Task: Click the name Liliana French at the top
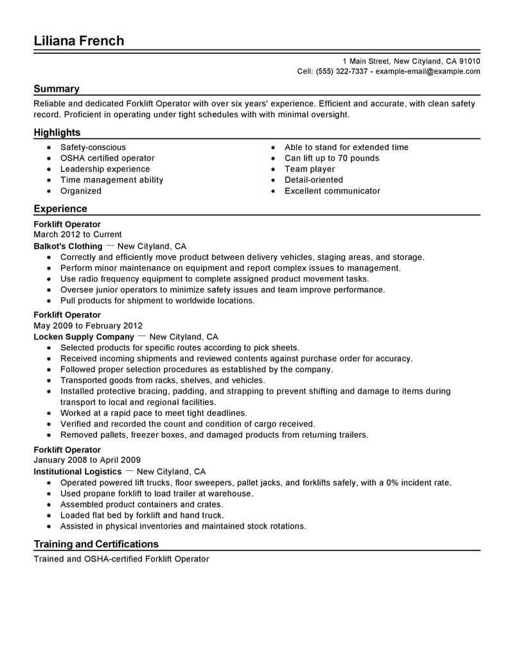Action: click(x=79, y=41)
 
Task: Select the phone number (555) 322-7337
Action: click(x=341, y=72)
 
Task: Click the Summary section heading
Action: click(x=57, y=89)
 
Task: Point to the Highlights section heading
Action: click(x=57, y=133)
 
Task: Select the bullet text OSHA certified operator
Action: click(x=107, y=158)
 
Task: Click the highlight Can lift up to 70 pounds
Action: click(x=332, y=158)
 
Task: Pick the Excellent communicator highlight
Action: click(x=332, y=191)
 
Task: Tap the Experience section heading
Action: click(x=60, y=209)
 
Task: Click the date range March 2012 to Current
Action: click(x=78, y=235)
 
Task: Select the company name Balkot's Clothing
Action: click(x=68, y=246)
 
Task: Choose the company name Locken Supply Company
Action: click(x=84, y=337)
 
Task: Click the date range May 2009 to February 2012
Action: click(x=88, y=326)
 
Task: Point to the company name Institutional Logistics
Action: click(x=78, y=472)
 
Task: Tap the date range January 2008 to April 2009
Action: click(x=87, y=461)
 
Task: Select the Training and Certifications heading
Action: click(x=97, y=545)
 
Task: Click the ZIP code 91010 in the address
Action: click(x=468, y=61)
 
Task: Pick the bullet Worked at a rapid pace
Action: click(x=154, y=413)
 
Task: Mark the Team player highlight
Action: click(x=310, y=169)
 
